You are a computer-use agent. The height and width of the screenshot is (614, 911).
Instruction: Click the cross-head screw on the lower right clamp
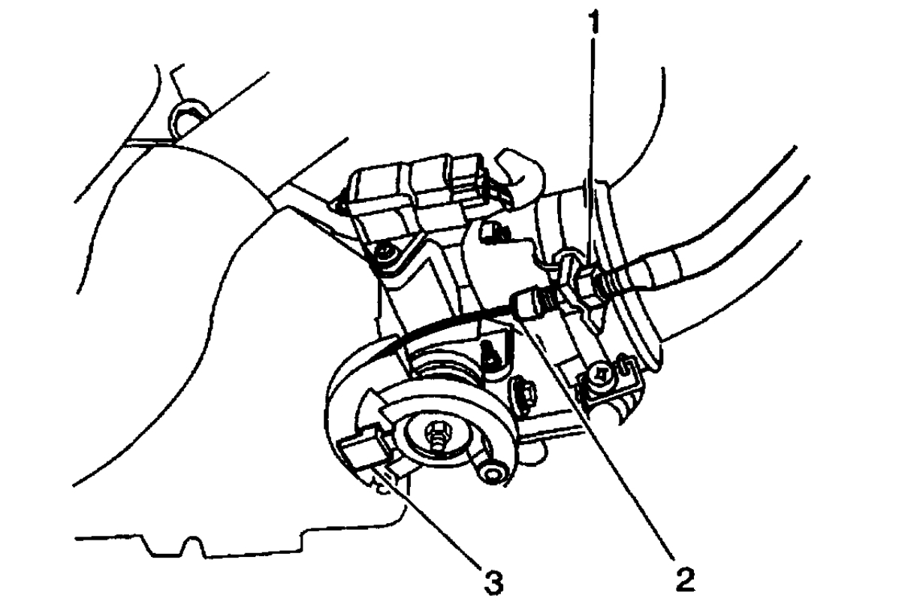[602, 374]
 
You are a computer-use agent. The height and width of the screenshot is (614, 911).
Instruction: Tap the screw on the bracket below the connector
[385, 253]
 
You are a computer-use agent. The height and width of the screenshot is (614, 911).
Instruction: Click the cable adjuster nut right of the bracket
[600, 285]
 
